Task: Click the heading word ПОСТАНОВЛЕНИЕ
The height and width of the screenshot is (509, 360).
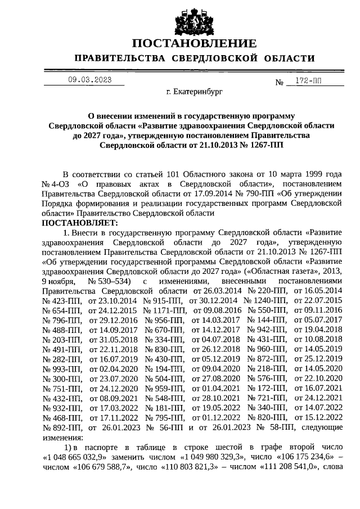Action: click(x=195, y=43)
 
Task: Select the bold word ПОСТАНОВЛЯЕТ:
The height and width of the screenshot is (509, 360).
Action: click(x=79, y=222)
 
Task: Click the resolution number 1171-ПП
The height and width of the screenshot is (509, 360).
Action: click(x=169, y=310)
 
